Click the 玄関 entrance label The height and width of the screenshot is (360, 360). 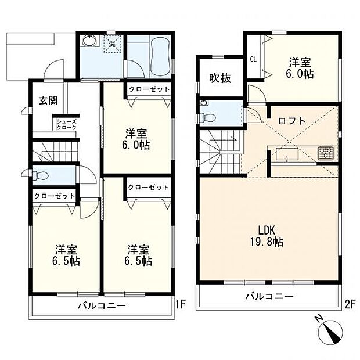pyautogui.click(x=48, y=100)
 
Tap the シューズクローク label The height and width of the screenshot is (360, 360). pyautogui.click(x=66, y=124)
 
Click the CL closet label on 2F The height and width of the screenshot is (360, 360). pyautogui.click(x=253, y=59)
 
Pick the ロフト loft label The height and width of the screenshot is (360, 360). pyautogui.click(x=291, y=121)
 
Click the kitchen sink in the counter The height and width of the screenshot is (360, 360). pyautogui.click(x=286, y=154)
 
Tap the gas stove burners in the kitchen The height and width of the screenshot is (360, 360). pyautogui.click(x=326, y=154)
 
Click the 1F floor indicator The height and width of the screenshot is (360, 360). pyautogui.click(x=181, y=303)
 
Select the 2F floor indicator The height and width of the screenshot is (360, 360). pyautogui.click(x=350, y=303)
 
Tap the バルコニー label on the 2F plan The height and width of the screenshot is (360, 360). pyautogui.click(x=269, y=296)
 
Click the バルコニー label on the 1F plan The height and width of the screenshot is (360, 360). pyautogui.click(x=101, y=305)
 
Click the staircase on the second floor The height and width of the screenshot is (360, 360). pyautogui.click(x=219, y=151)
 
